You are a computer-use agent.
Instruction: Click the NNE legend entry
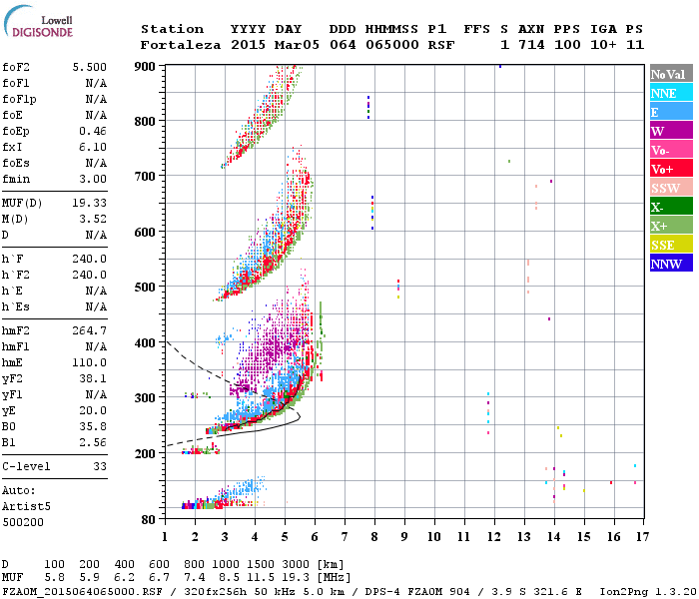tap(668, 93)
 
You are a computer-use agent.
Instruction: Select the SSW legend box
tap(668, 188)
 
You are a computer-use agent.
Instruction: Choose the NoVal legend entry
tap(668, 74)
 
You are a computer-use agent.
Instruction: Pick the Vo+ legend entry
tap(668, 169)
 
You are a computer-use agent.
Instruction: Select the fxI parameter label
tap(14, 147)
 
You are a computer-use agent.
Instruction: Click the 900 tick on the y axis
tap(145, 66)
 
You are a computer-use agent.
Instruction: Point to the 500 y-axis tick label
tap(145, 288)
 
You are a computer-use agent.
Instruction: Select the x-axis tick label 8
tap(374, 536)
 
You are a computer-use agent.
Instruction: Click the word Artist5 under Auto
tap(28, 506)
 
